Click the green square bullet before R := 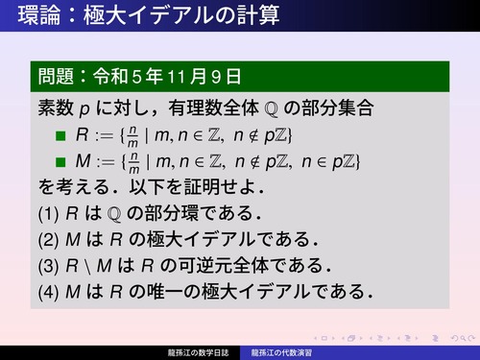[x=60, y=133]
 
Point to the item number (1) [x=49, y=211]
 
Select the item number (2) [x=49, y=237]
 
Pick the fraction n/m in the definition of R [x=134, y=133]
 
